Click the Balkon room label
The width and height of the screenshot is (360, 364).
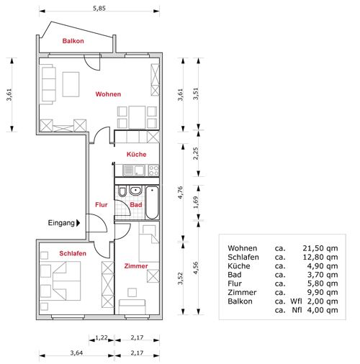[x=73, y=41]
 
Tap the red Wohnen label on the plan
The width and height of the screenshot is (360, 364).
[x=108, y=94]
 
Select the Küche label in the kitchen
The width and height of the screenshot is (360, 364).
[x=136, y=154]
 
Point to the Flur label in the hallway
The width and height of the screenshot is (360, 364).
[x=102, y=205]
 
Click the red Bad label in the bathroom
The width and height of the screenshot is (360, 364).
[x=136, y=205]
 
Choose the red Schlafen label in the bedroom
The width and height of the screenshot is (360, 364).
[x=73, y=253]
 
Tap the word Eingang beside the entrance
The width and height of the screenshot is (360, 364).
[x=61, y=223]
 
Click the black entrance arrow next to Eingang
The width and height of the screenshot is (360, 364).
[x=78, y=223]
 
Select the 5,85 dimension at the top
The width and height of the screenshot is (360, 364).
[x=99, y=9]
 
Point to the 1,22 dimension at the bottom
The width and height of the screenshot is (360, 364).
[x=102, y=337]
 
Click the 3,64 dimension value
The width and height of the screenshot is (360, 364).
[x=76, y=352]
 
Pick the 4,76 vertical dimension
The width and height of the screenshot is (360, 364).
[x=181, y=192]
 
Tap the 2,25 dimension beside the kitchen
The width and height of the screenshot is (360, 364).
[x=196, y=153]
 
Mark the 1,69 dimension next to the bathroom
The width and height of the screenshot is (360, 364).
[x=196, y=202]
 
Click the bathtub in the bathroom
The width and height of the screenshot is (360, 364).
[x=152, y=203]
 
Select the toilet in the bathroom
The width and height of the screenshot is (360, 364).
[x=122, y=191]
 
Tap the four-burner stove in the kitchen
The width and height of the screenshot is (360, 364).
[x=153, y=170]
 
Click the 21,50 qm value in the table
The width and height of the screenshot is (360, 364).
[x=320, y=248]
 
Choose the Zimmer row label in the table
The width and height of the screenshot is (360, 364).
[x=242, y=293]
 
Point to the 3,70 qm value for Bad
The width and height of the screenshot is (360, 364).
[x=323, y=275]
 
